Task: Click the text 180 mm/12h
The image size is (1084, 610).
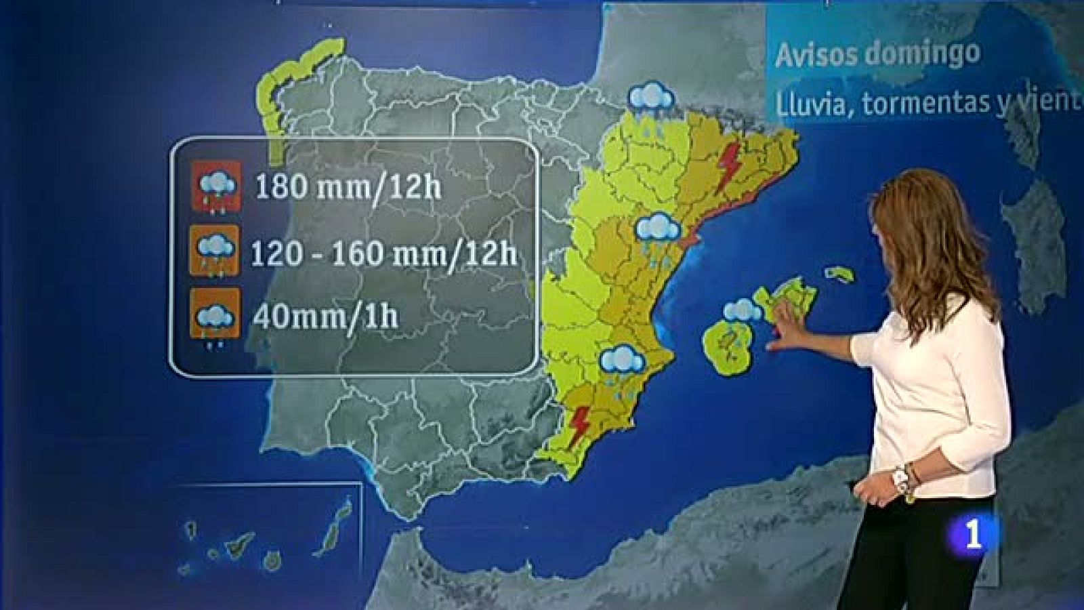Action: coord(348,186)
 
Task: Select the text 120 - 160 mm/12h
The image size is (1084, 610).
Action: coord(383,253)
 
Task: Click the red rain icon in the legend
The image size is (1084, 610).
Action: coord(216,185)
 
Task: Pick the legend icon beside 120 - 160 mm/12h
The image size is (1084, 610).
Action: coord(215,250)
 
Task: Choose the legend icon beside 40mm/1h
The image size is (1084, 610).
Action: coord(215,314)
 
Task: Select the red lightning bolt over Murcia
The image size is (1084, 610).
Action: coord(579,426)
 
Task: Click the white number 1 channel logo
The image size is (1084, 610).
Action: coord(973,534)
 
